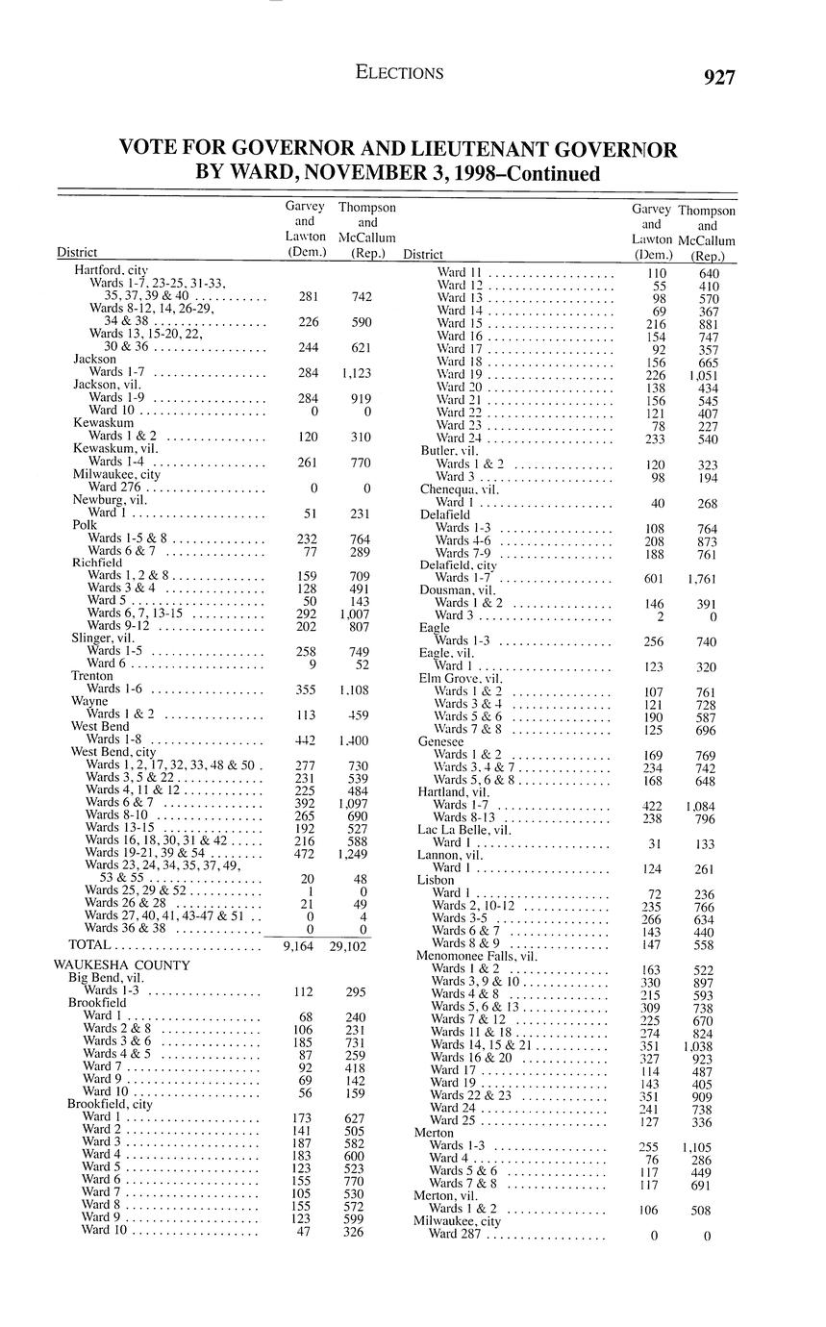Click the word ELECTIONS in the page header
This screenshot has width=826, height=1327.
(399, 73)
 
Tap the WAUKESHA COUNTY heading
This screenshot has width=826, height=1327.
(122, 964)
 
